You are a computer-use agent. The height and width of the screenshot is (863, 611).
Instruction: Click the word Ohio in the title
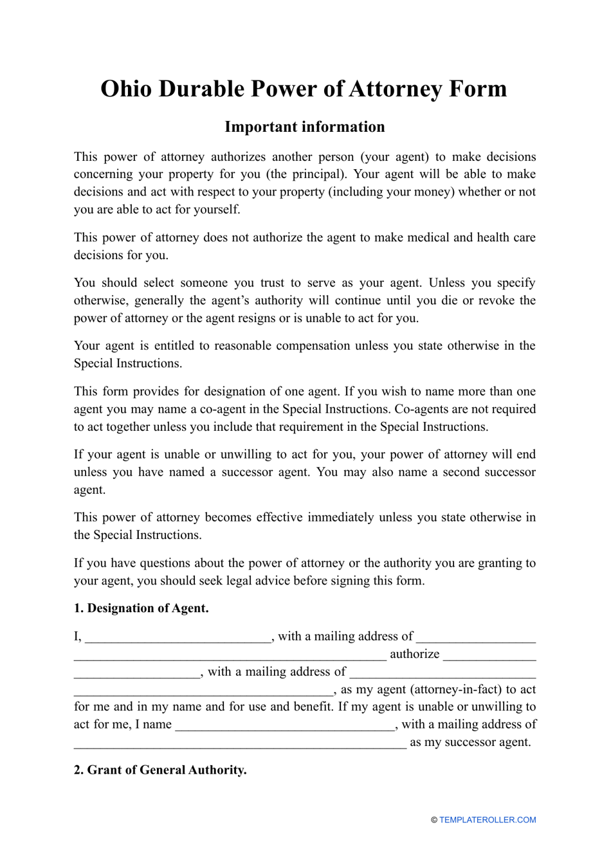click(x=126, y=89)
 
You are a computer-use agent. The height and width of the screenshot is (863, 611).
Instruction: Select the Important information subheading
click(x=305, y=127)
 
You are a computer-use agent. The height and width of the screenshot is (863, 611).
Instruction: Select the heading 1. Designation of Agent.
click(x=141, y=608)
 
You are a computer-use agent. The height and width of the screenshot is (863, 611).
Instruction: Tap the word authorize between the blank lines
click(x=415, y=654)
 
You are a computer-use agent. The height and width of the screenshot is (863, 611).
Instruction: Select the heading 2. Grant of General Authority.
click(x=160, y=770)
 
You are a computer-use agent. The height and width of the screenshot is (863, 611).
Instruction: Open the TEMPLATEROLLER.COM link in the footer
click(x=488, y=820)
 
